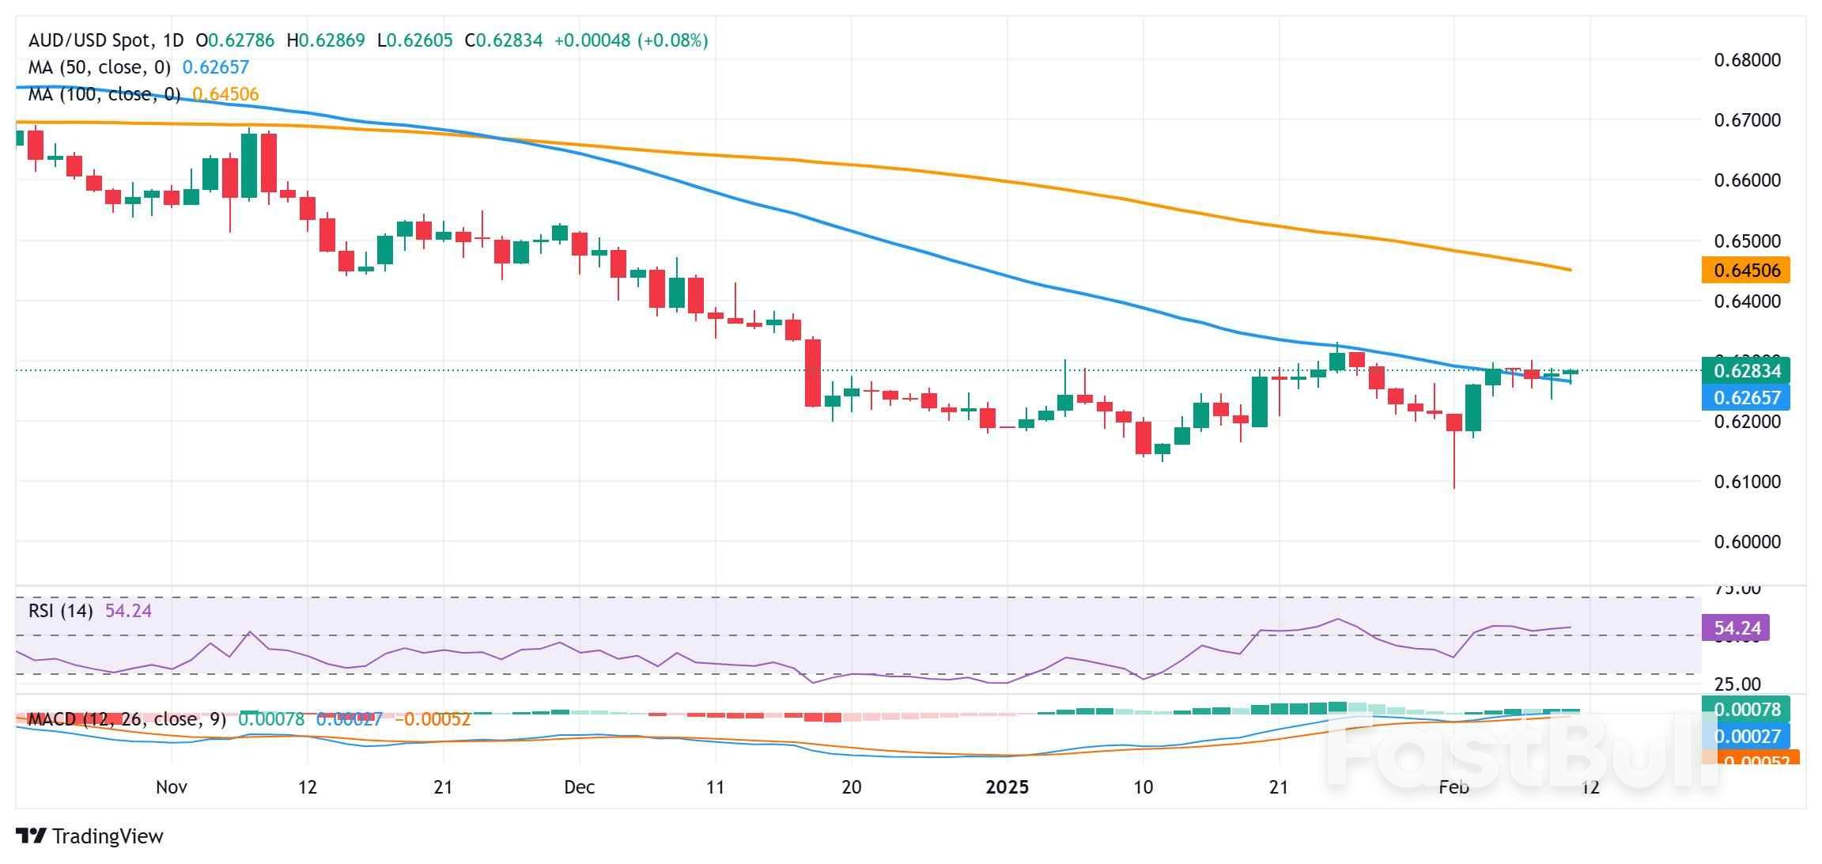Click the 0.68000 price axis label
pos(1747,60)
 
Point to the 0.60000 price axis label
pos(1747,542)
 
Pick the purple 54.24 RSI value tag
pos(1737,628)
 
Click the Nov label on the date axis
pos(171,787)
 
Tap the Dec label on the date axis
pos(579,787)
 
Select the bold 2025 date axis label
pos(1007,787)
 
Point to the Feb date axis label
pos(1453,787)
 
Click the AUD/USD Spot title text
pos(85,40)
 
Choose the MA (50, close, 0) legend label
pos(100,68)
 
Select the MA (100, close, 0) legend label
pos(104,95)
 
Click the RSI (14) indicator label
pos(61,611)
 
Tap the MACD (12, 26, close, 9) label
pos(127,719)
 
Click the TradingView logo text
pos(89,836)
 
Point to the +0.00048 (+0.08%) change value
pos(630,40)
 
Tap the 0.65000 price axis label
pos(1747,241)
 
